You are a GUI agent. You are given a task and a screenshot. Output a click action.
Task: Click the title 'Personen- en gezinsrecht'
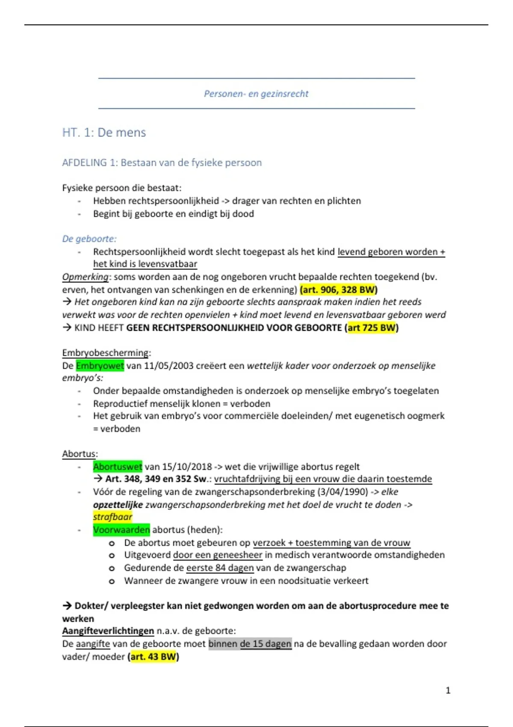point(256,94)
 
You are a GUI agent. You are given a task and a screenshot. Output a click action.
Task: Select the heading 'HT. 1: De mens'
point(104,133)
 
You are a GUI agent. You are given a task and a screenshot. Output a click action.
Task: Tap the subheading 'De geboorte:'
point(89,239)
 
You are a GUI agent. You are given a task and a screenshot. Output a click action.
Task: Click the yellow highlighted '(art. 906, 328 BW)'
point(339,290)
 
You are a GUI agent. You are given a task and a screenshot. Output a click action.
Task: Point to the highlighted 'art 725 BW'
point(371,328)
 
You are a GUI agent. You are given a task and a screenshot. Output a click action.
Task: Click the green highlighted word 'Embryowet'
point(100,366)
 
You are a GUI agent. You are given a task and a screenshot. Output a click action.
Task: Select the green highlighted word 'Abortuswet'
point(118,467)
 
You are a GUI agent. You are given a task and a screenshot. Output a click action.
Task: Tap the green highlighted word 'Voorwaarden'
point(121,530)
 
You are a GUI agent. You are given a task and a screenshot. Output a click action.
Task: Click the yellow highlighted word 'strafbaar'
point(113,517)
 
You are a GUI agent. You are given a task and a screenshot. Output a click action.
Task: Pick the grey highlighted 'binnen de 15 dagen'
point(250,644)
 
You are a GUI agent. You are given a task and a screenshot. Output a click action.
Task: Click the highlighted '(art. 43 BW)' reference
point(153,656)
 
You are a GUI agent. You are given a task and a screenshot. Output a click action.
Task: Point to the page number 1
point(448,690)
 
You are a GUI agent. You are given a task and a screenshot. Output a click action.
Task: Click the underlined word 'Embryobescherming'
point(106,353)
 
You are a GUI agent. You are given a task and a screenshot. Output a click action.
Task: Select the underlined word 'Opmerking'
point(85,277)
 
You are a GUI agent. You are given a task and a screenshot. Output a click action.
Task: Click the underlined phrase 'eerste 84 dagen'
point(220,568)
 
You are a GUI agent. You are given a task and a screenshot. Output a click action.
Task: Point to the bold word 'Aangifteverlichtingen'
point(108,631)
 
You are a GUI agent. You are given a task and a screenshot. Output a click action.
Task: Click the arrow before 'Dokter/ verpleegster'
point(67,606)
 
